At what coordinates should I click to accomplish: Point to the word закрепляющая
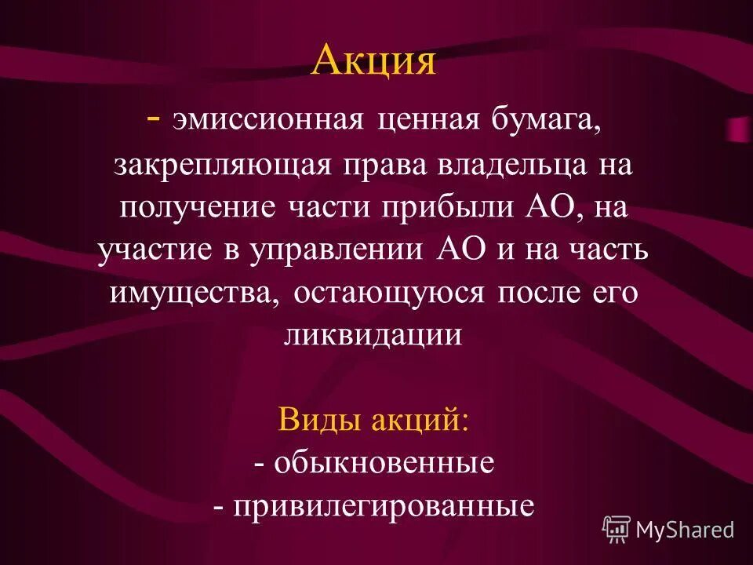point(225,167)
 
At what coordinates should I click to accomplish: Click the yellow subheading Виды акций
point(373,421)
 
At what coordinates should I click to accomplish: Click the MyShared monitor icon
point(617,530)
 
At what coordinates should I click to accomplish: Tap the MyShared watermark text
point(685,530)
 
